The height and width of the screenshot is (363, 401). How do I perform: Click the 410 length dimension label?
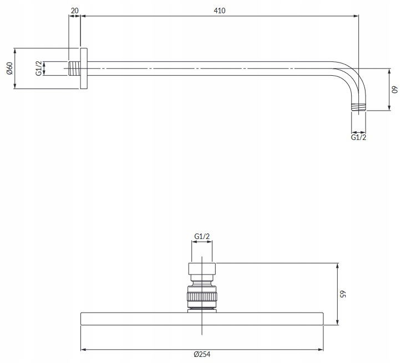(220, 11)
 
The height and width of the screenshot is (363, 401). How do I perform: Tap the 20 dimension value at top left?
(75, 11)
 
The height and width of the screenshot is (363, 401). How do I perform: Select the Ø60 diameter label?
(9, 69)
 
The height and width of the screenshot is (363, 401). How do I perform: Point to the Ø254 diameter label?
(202, 354)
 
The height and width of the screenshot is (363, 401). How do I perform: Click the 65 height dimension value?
(343, 294)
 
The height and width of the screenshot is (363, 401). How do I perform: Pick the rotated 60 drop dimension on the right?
(395, 90)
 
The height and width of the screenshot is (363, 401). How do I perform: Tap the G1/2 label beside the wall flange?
(39, 69)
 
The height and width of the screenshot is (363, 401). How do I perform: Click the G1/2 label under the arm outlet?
(358, 137)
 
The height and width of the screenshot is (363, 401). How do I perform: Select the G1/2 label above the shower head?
(202, 236)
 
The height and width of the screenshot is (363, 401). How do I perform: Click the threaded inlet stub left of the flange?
(74, 69)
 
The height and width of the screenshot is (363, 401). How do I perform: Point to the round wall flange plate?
(84, 69)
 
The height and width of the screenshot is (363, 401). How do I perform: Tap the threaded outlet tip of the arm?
(358, 107)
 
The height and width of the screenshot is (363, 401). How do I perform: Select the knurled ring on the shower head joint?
(202, 297)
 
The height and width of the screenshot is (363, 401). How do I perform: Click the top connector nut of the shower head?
(202, 268)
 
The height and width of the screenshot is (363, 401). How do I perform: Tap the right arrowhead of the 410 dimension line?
(356, 16)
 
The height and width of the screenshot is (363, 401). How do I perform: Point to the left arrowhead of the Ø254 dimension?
(83, 349)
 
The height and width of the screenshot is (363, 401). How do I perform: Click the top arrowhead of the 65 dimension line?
(338, 266)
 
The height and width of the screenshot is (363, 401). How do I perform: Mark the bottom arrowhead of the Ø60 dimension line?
(15, 86)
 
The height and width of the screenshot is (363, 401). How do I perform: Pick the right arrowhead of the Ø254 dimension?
(321, 349)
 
